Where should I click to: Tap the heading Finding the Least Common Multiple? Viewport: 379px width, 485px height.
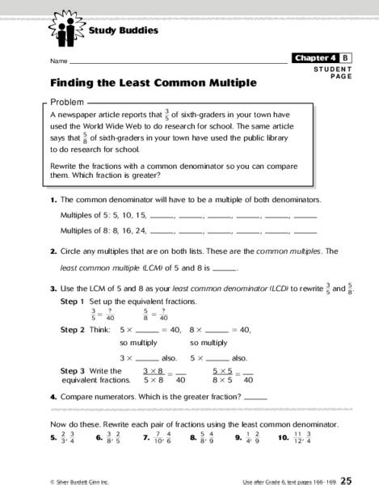153,82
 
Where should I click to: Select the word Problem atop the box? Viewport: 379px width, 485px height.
68,103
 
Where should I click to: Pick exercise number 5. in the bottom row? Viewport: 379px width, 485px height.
53,438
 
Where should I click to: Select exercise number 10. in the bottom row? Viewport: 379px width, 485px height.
282,438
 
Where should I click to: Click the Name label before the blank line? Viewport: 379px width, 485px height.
57,61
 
